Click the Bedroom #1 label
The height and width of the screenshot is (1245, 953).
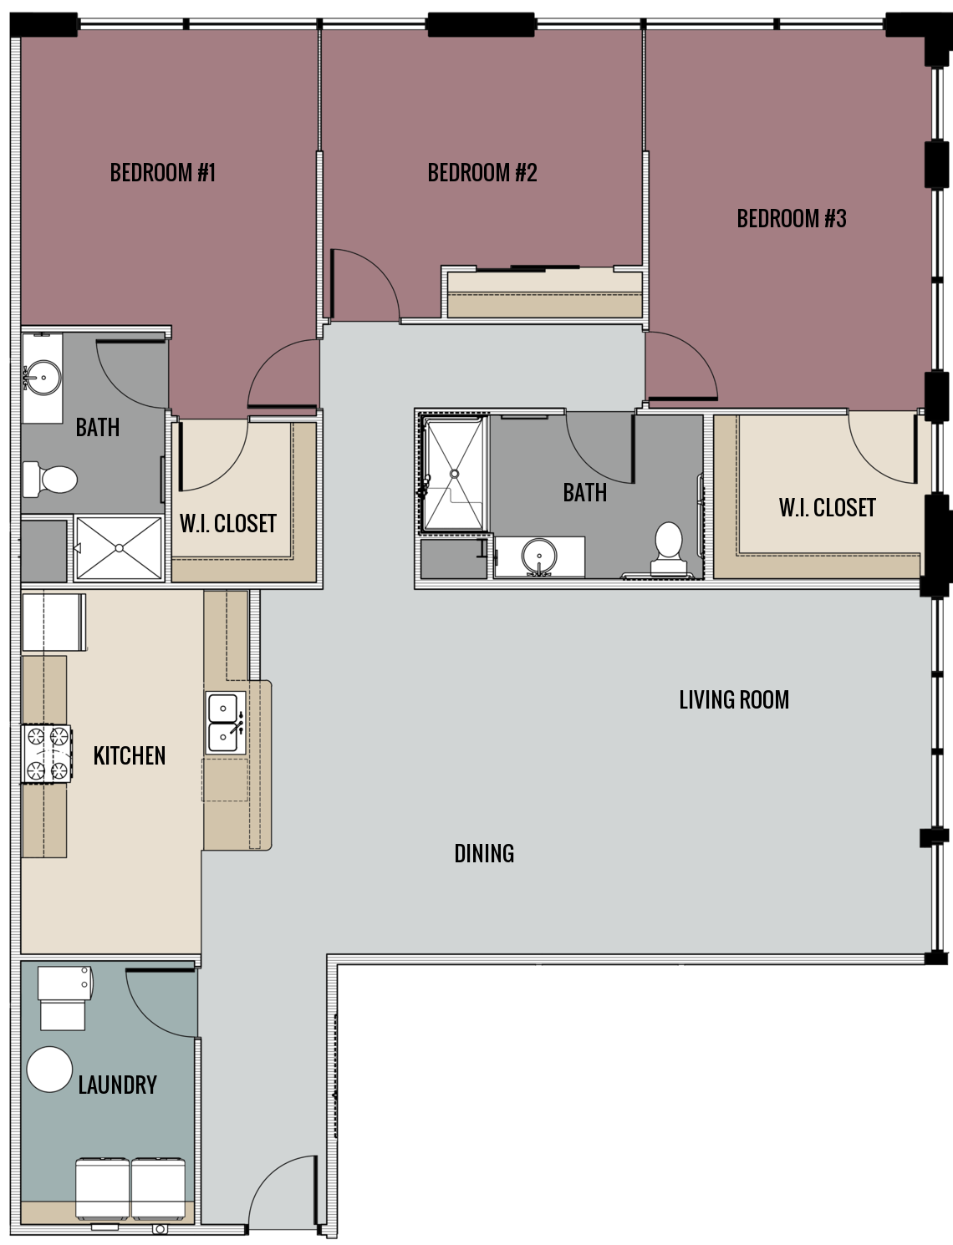pos(163,173)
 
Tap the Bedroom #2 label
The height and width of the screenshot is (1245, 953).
pos(482,173)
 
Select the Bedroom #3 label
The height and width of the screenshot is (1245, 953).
pos(792,219)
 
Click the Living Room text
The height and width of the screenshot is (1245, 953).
pos(734,699)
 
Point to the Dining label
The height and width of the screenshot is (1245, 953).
pos(484,853)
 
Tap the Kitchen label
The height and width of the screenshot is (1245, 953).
pos(130,755)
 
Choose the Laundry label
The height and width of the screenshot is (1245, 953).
pos(117,1085)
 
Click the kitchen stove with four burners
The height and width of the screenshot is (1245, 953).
pos(47,753)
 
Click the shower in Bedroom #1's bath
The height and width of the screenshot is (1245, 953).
pos(119,548)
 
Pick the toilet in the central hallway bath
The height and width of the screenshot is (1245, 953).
pos(669,546)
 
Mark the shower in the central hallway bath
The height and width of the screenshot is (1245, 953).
pos(454,475)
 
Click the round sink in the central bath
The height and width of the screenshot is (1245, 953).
pos(538,556)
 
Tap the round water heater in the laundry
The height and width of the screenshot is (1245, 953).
pos(49,1070)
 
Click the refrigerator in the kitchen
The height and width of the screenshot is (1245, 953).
pos(54,622)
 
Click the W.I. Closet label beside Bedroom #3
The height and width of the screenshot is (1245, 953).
pos(827,508)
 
